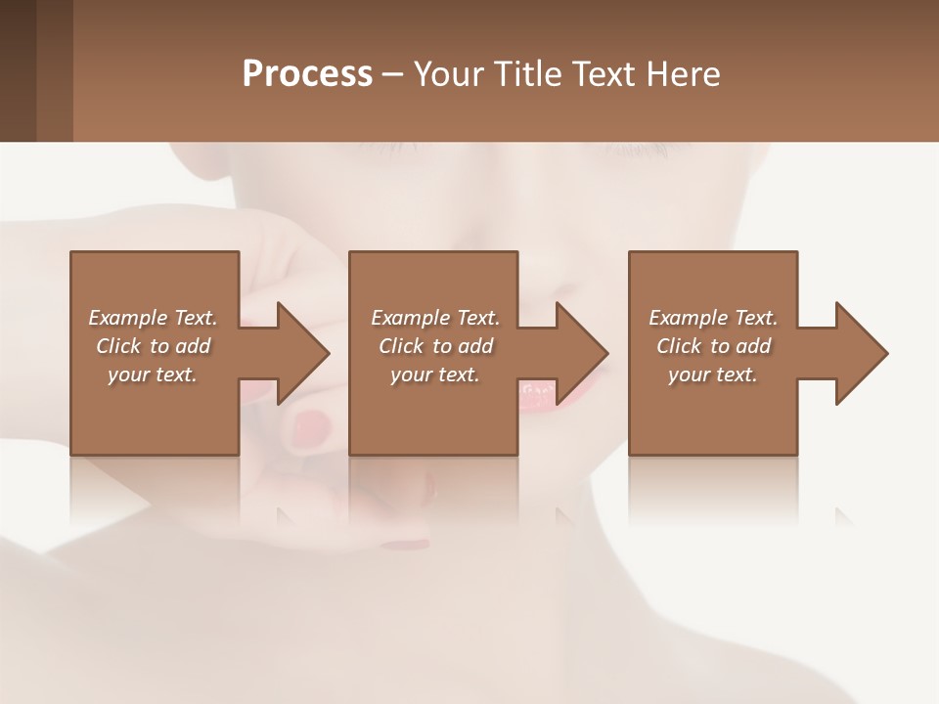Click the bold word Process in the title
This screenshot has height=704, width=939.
(307, 74)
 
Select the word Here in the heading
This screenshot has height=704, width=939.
(682, 74)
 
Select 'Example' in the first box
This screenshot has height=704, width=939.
(128, 318)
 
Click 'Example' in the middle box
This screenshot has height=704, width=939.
(411, 318)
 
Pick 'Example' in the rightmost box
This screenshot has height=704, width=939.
(689, 318)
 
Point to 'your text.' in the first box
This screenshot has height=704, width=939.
(153, 374)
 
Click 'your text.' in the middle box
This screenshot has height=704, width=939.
(435, 374)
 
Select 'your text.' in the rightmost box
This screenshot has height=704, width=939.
(713, 374)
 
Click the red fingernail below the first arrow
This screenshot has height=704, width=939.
(313, 425)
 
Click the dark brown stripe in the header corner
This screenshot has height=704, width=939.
(18, 70)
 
